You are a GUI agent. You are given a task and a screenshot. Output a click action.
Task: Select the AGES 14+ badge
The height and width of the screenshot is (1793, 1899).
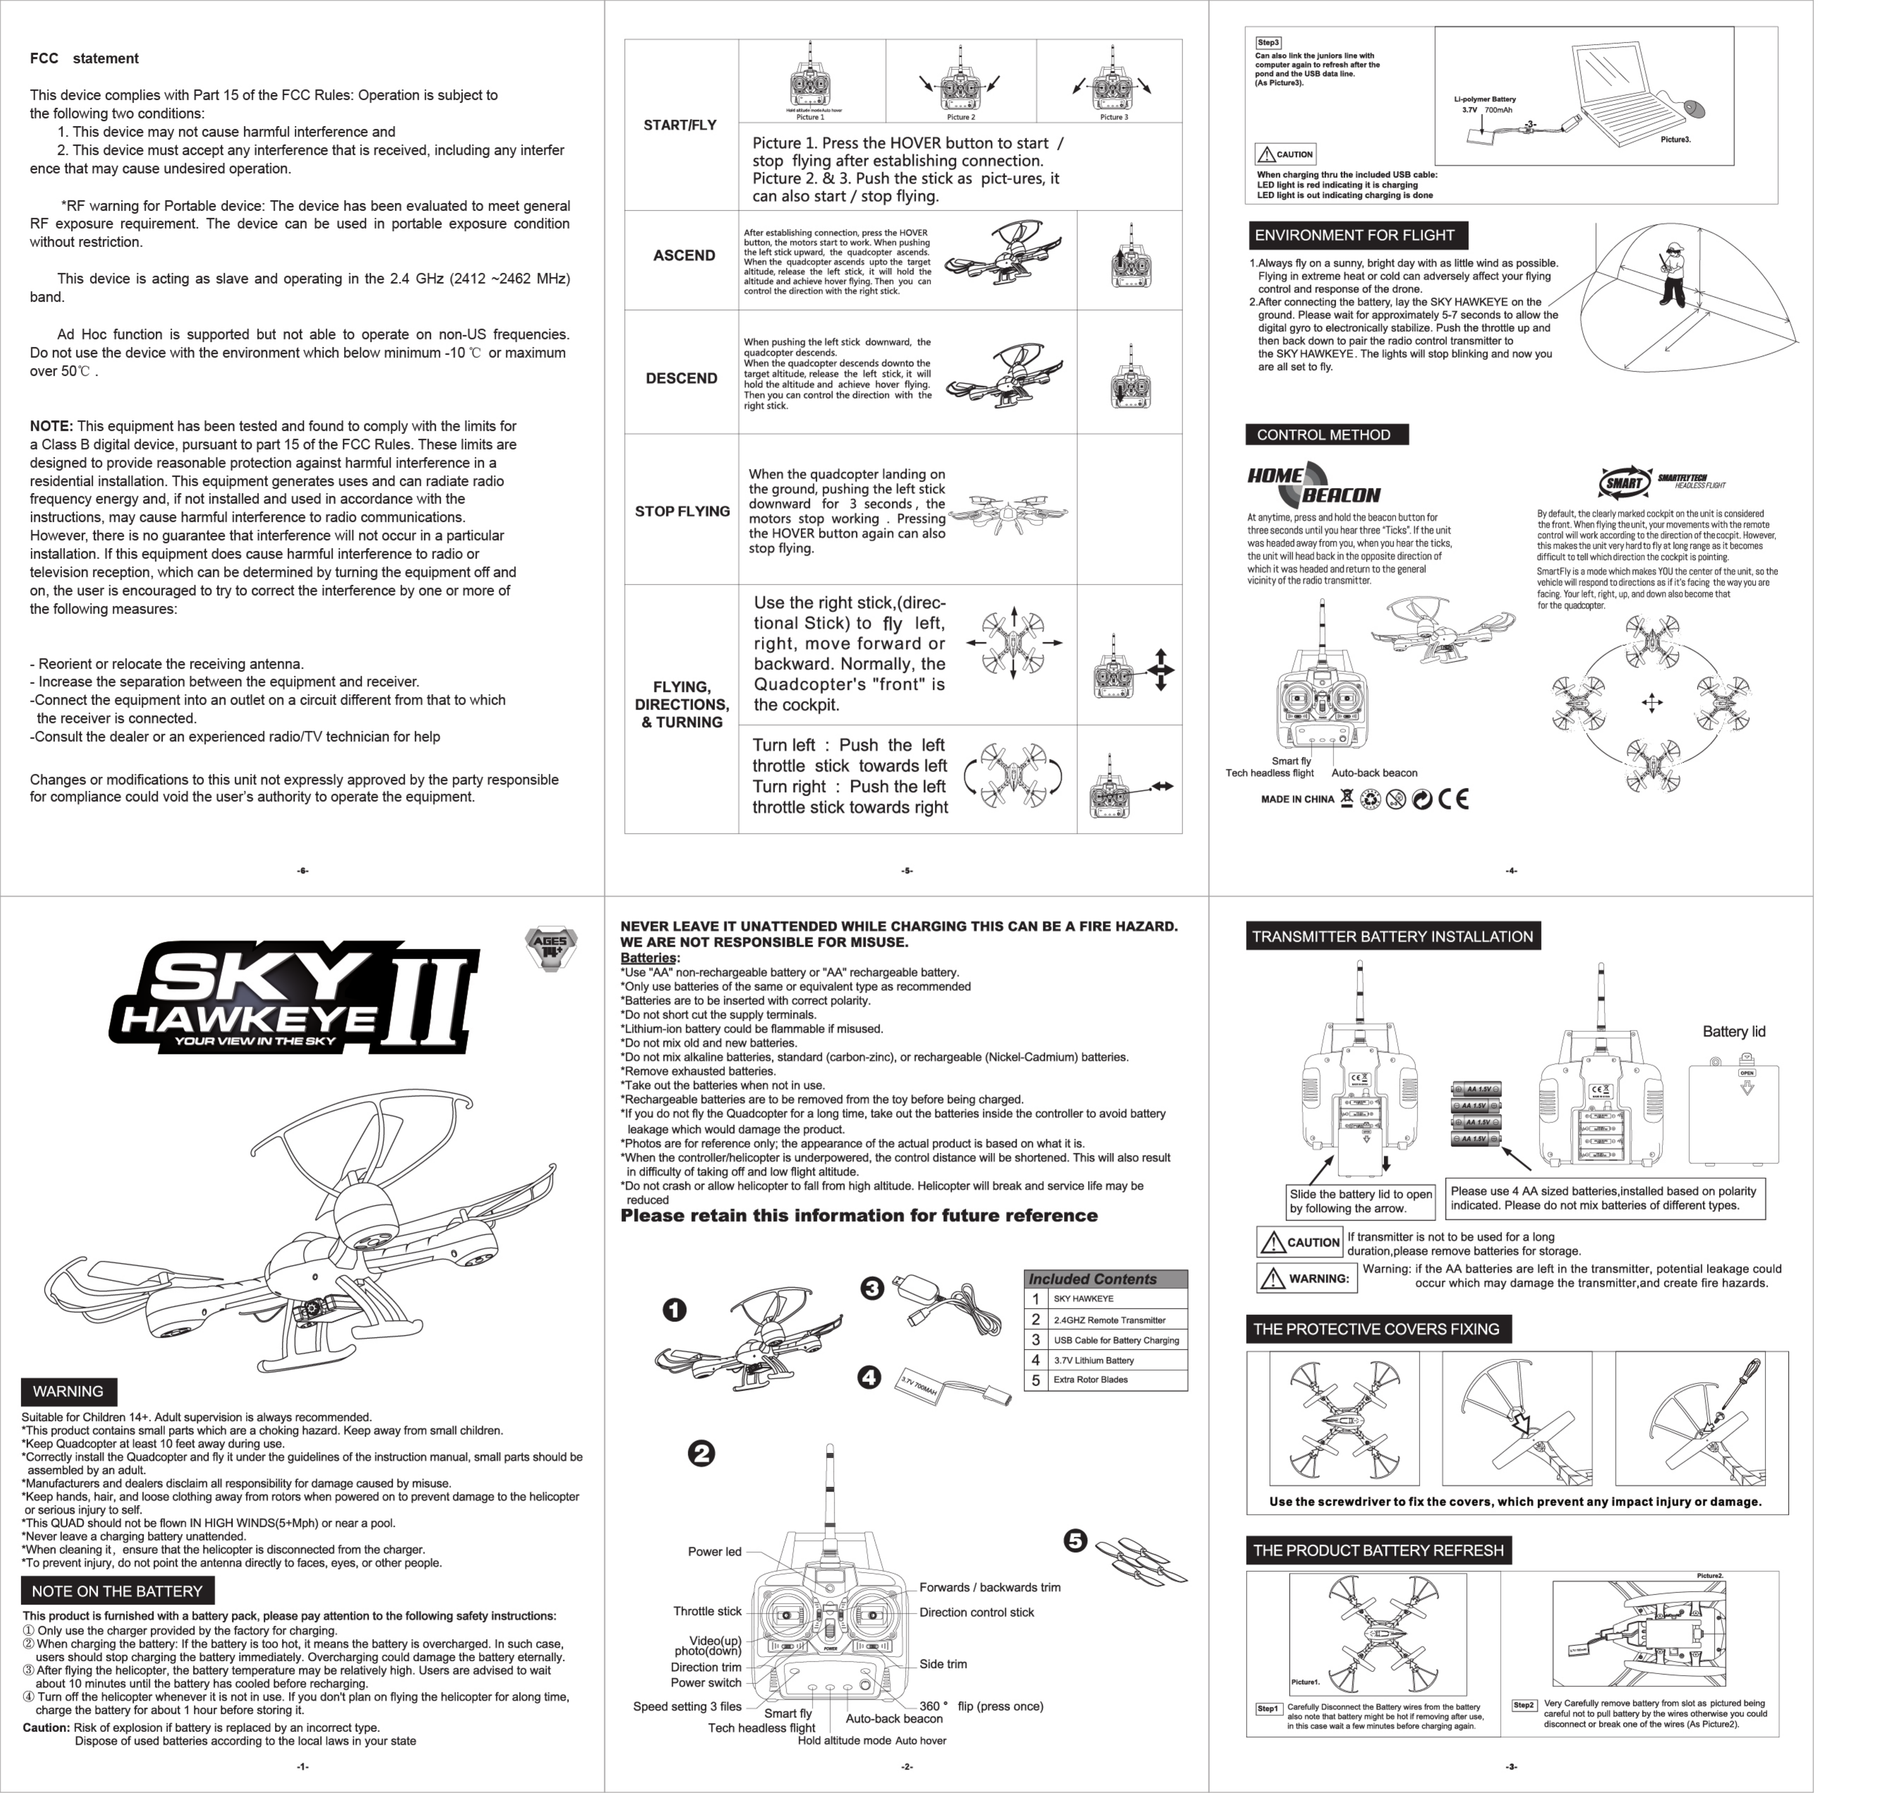coord(551,948)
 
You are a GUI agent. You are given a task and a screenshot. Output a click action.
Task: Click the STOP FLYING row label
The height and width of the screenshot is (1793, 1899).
coord(681,511)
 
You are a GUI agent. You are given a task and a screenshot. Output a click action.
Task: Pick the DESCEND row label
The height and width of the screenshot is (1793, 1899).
coord(681,379)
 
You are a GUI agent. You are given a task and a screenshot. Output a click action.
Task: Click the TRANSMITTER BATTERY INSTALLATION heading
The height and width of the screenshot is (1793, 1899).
coord(1392,937)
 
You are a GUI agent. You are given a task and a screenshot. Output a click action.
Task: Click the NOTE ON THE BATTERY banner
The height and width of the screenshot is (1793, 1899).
coord(116,1591)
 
